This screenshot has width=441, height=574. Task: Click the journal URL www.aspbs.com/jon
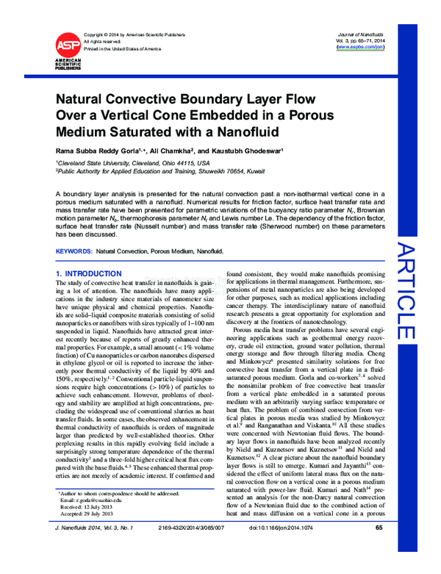coord(359,46)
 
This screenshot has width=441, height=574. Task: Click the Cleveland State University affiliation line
coord(133,162)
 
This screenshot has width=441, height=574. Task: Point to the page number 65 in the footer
coord(379,548)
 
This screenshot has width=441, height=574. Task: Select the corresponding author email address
coord(92,517)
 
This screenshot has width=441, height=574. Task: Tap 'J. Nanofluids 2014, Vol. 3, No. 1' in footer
coord(98,548)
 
